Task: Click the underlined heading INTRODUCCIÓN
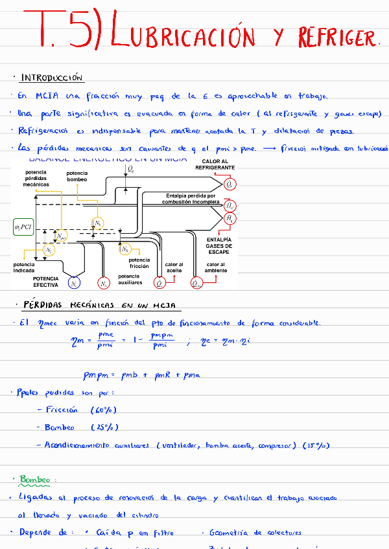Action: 52,78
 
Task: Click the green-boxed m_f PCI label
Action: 23,227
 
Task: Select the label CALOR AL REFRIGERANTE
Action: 215,164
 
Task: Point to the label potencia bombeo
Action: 77,176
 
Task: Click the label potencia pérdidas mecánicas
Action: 36,178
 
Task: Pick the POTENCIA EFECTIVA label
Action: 46,282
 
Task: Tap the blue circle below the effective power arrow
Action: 75,284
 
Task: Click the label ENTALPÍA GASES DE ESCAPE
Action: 218,246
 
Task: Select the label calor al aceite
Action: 174,267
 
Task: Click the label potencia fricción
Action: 139,263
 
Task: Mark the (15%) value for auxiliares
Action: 316,445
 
